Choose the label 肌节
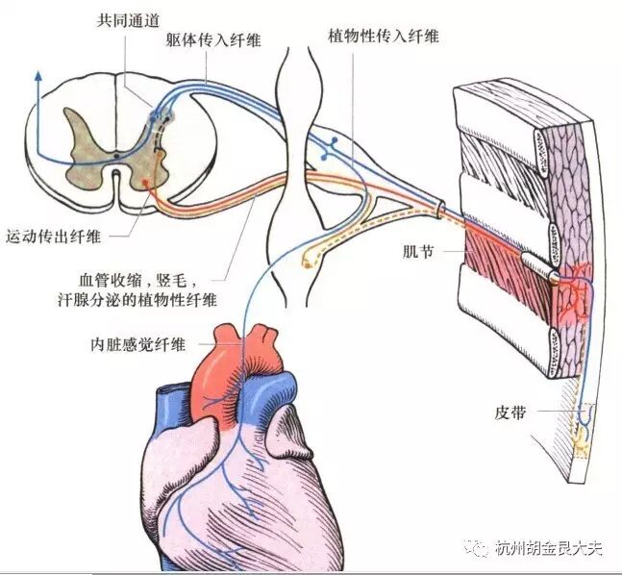[x=420, y=251]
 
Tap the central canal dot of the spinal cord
[x=117, y=154]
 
